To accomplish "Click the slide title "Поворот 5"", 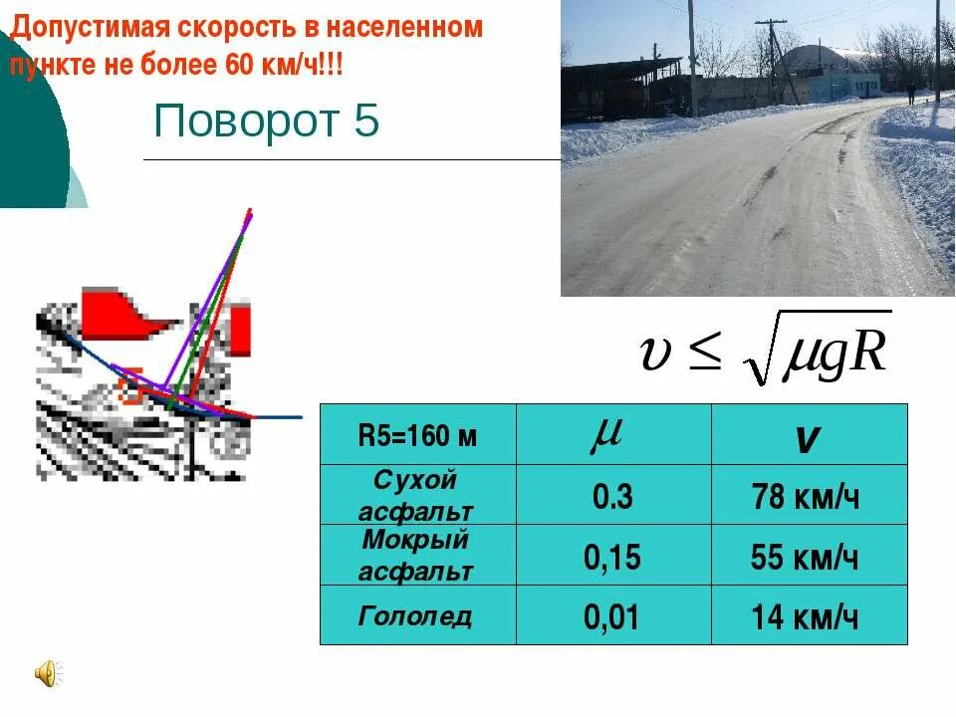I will click(x=266, y=121).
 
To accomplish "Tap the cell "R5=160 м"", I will click(x=417, y=435).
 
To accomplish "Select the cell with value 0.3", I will click(x=612, y=496).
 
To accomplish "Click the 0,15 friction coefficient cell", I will click(x=612, y=557).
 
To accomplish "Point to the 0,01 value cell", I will click(x=612, y=617).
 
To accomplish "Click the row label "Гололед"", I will click(x=415, y=615).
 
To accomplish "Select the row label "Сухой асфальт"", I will click(x=416, y=496).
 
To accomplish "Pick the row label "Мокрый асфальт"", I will click(x=416, y=556).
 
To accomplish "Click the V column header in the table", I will click(x=808, y=438).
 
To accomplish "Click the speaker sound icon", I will click(x=47, y=674).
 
